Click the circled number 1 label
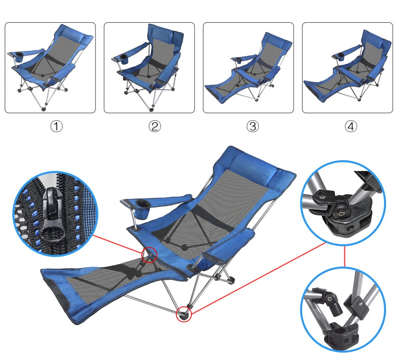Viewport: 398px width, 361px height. [57, 126]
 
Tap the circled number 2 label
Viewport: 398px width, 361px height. [154, 126]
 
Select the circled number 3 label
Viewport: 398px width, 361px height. [253, 126]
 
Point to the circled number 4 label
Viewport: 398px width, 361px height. [351, 126]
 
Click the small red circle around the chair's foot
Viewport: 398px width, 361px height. [184, 314]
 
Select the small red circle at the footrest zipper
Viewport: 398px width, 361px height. [149, 255]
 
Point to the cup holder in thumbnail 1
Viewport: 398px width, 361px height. [19, 57]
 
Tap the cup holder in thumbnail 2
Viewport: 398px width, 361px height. [124, 59]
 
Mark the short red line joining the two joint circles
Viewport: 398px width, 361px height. [344, 256]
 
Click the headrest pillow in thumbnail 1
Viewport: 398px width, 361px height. [74, 35]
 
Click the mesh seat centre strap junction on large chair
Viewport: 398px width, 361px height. [185, 246]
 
